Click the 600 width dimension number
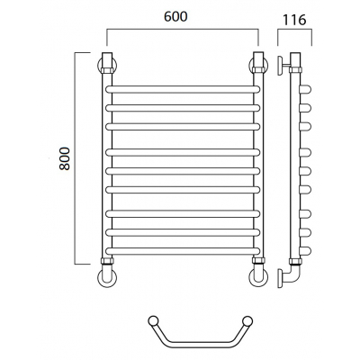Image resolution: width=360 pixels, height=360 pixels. click(x=175, y=16)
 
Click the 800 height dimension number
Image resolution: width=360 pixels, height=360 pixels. click(x=65, y=158)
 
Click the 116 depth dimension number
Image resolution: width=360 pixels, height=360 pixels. click(x=294, y=20)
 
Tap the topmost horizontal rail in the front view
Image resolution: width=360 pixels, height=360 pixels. click(x=183, y=89)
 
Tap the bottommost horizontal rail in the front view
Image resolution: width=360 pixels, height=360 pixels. click(x=183, y=251)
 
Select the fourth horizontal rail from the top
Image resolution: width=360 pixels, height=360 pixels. click(x=183, y=152)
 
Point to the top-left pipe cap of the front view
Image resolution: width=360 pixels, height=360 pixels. click(x=107, y=60)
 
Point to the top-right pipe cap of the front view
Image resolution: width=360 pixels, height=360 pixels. click(x=258, y=60)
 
